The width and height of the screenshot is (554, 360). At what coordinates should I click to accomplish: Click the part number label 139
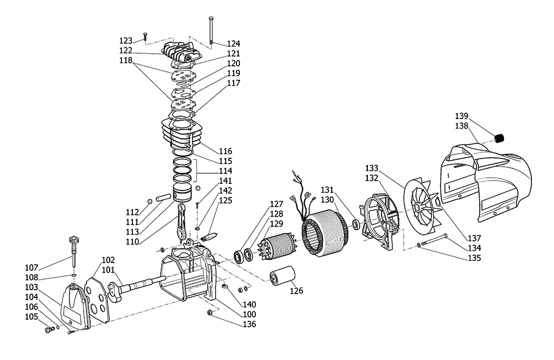(462, 116)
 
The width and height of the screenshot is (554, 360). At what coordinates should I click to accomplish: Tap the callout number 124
(233, 43)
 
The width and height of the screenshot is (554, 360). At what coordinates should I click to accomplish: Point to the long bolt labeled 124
(211, 30)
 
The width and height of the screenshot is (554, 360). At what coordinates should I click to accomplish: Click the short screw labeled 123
(145, 37)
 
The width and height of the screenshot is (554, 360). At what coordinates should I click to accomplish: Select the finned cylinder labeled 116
(180, 133)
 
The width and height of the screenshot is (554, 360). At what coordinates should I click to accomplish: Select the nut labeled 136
(211, 314)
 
